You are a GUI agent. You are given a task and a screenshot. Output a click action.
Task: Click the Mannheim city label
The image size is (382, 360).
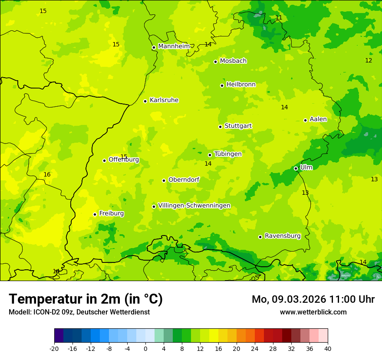point(174,46)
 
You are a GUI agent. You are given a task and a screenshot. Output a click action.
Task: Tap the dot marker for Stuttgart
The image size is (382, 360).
point(220,127)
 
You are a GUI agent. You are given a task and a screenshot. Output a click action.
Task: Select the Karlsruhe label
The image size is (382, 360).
point(164,100)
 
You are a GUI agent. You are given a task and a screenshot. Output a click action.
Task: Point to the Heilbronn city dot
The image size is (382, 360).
point(222,85)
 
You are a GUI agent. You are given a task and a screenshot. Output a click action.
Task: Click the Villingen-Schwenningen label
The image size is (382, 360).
point(194,206)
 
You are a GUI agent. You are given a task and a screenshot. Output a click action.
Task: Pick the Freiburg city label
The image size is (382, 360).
point(111,213)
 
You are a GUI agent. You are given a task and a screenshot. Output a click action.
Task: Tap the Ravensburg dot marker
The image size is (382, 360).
point(260,237)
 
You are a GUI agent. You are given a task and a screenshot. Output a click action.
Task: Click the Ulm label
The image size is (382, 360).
point(306,167)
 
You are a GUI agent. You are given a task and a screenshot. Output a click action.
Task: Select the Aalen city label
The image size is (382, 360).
point(318,119)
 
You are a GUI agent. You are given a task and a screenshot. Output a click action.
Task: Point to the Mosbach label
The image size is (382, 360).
point(233,61)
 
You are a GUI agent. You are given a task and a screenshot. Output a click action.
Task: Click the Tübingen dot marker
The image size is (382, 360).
point(210,155)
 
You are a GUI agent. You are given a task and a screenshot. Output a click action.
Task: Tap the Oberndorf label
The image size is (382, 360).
point(184,180)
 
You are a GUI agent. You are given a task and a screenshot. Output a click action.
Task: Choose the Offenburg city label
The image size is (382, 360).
point(123,160)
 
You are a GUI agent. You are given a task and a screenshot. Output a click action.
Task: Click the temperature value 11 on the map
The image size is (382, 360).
point(279,18)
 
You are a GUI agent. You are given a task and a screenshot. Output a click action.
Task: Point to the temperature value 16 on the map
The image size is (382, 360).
point(47,175)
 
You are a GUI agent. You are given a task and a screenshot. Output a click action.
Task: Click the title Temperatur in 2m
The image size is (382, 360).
point(86,299)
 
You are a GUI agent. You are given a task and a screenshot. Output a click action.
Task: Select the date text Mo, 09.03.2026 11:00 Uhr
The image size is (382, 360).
point(313,299)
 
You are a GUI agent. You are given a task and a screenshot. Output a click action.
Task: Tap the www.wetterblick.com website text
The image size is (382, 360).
point(313,312)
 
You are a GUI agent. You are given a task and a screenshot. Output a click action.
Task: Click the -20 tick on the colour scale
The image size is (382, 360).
point(54,348)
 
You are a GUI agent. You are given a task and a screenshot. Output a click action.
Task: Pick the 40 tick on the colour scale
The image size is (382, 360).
point(328,348)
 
